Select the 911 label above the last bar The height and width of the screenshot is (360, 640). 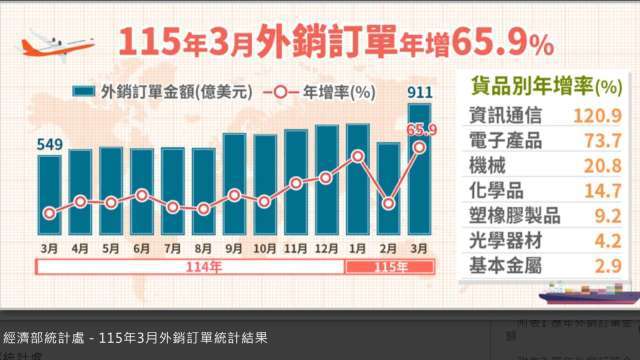(x=420, y=93)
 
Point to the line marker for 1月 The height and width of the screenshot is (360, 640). (x=358, y=157)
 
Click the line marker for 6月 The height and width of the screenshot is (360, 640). (x=142, y=194)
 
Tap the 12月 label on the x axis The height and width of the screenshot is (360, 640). (x=327, y=247)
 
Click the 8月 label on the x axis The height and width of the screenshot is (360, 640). (x=203, y=247)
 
